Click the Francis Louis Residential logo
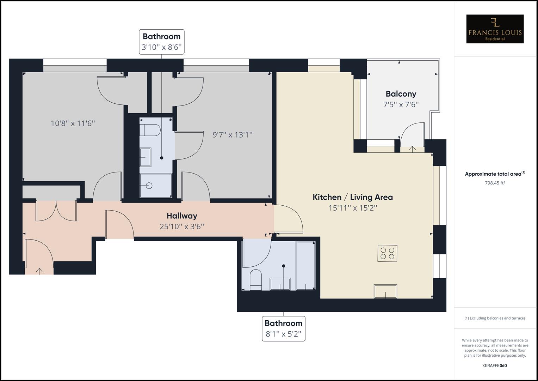(x=495, y=29)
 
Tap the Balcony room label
(x=401, y=94)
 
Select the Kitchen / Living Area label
(x=353, y=197)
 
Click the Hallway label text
(x=182, y=216)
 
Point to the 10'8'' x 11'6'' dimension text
(x=73, y=123)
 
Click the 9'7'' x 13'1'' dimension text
(x=233, y=135)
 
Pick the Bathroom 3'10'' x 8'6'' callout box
(x=162, y=42)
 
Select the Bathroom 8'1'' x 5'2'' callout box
(x=284, y=328)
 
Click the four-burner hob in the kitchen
(x=387, y=253)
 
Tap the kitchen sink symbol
(x=385, y=291)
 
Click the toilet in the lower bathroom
(x=255, y=279)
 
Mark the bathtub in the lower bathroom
(x=305, y=266)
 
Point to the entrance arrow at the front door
(x=39, y=271)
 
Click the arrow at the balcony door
(x=412, y=149)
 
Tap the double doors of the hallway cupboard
(x=56, y=211)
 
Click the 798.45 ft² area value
(x=495, y=183)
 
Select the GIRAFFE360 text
(x=495, y=365)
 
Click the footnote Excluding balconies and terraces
(x=495, y=318)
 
